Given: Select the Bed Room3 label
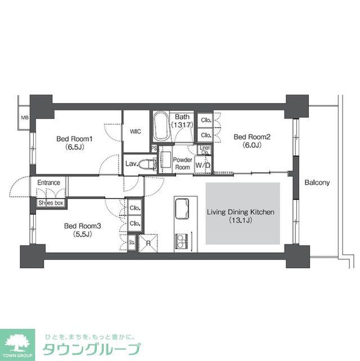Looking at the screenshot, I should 78,230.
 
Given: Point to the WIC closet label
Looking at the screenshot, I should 135,131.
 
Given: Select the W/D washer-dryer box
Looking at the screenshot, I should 203,165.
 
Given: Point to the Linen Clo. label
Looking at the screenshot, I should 205,151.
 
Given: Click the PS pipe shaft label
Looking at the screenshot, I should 154,148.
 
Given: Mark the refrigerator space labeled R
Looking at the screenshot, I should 148,244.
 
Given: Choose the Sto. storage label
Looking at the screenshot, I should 131,243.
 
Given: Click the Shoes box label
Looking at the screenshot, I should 51,202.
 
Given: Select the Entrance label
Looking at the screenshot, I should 49,183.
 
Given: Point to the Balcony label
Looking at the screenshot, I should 317,183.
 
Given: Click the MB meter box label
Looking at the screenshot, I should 24,118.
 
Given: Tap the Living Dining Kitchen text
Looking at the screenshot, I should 241,217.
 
